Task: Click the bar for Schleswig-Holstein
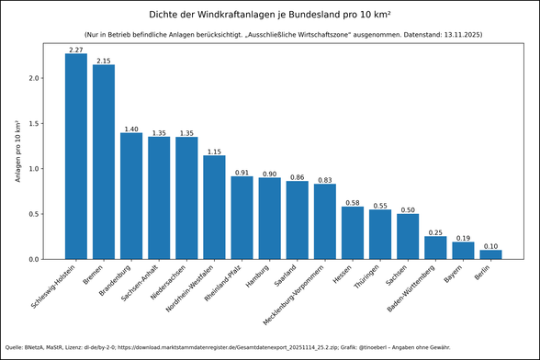click(75, 156)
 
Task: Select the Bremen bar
click(104, 162)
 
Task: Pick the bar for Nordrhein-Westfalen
click(214, 208)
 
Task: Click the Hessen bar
click(353, 233)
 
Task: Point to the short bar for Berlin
click(490, 254)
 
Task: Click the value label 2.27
click(75, 49)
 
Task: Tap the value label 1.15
click(214, 151)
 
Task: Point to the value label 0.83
click(325, 180)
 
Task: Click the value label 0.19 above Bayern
click(463, 238)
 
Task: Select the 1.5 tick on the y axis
click(34, 124)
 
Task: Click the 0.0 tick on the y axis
click(34, 260)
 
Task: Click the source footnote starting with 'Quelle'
click(220, 347)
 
